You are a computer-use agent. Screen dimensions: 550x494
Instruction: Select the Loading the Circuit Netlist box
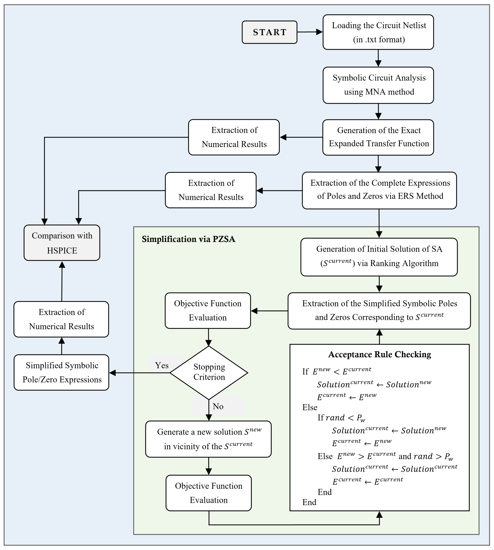tap(378, 32)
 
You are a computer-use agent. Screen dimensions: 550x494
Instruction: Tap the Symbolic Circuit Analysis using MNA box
tap(378, 85)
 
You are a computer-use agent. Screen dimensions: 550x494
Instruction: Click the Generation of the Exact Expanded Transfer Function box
tap(378, 137)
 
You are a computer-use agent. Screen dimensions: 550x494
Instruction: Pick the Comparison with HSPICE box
tap(62, 243)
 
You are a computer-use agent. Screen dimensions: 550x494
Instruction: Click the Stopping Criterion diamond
tap(209, 372)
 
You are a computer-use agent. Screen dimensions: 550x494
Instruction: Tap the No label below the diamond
tap(218, 406)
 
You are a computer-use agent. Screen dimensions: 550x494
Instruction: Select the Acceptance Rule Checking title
tap(379, 354)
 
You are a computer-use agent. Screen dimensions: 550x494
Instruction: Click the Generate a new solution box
tap(208, 439)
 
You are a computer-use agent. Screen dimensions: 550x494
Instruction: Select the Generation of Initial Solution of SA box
tap(379, 257)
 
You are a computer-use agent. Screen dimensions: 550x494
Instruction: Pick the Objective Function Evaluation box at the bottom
tap(208, 493)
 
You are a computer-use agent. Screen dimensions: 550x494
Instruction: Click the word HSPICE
tap(62, 250)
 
